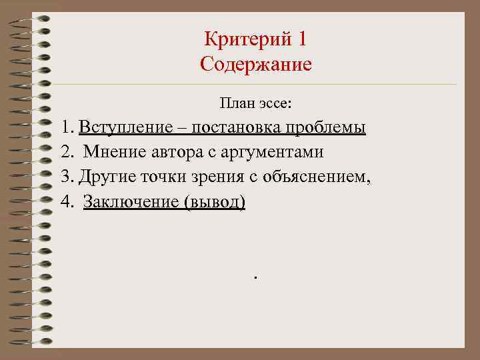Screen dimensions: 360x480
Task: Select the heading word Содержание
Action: click(256, 65)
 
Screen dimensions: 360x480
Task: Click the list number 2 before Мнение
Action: click(65, 152)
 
